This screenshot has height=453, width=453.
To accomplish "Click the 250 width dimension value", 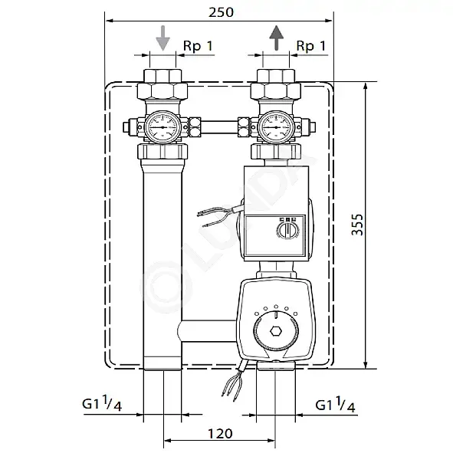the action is click(x=221, y=12).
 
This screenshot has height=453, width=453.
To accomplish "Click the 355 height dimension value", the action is click(x=357, y=225).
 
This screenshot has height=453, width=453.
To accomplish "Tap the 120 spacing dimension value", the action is click(x=220, y=433).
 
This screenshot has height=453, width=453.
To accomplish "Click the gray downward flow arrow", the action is click(x=163, y=38).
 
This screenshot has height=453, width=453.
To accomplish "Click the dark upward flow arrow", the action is click(x=277, y=38).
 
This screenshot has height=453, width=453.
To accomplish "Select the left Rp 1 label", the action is click(x=199, y=46).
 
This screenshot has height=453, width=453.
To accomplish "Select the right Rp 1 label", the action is click(x=311, y=46).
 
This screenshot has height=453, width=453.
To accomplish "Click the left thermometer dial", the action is click(x=162, y=127).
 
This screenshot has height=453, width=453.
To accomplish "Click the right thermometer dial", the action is click(x=276, y=127).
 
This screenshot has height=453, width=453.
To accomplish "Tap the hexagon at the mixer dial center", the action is click(x=276, y=331).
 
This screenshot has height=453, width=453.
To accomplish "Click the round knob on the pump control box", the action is click(x=287, y=230).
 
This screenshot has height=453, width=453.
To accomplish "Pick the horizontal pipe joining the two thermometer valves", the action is click(x=219, y=127).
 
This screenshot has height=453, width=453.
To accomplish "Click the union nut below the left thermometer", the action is click(x=162, y=152).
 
